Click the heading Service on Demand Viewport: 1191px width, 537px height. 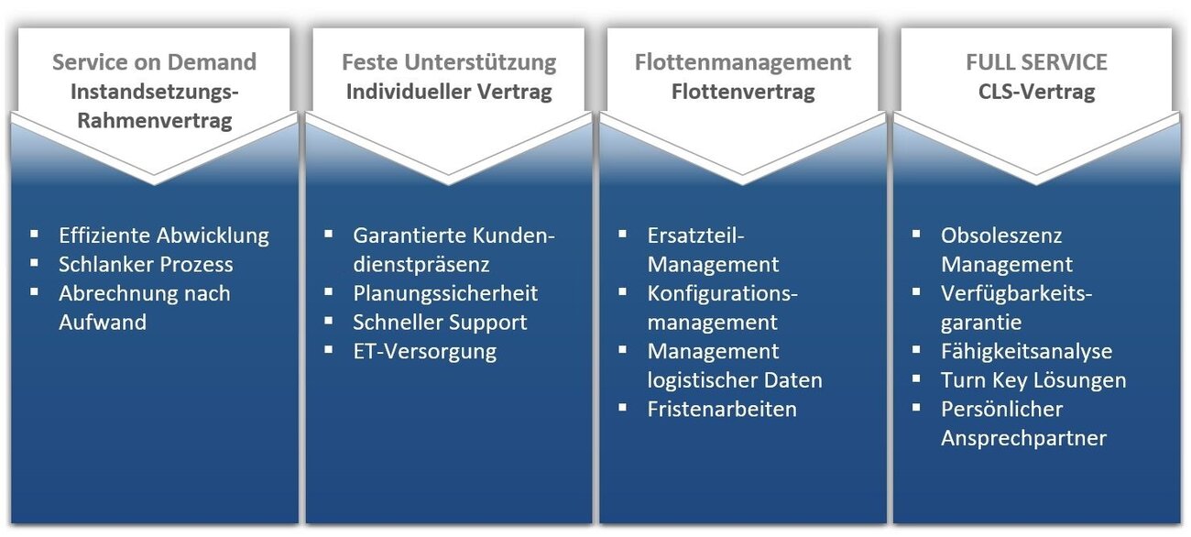154,62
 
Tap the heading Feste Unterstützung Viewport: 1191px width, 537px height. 449,62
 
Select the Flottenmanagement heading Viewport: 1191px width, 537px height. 743,62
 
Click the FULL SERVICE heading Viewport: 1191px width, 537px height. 1036,62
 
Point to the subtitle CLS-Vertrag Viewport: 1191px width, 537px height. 1036,92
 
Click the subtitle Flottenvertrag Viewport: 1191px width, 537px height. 743,92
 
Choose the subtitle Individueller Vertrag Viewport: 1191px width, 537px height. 449,92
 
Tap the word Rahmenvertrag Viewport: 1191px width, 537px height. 154,121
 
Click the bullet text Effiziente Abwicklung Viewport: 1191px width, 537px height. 164,236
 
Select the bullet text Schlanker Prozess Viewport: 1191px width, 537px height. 146,265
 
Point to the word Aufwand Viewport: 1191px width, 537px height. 103,323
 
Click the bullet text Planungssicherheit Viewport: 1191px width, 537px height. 445,293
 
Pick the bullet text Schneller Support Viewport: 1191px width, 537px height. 440,323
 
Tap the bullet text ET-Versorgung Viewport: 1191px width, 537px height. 424,351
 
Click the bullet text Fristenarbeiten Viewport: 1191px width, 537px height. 722,409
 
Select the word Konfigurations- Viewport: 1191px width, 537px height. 723,293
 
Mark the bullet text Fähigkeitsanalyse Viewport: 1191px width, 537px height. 1026,351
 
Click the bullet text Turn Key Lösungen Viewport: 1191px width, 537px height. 1033,380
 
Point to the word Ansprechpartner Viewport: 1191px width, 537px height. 1023,438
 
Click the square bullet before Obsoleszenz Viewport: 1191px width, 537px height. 916,234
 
